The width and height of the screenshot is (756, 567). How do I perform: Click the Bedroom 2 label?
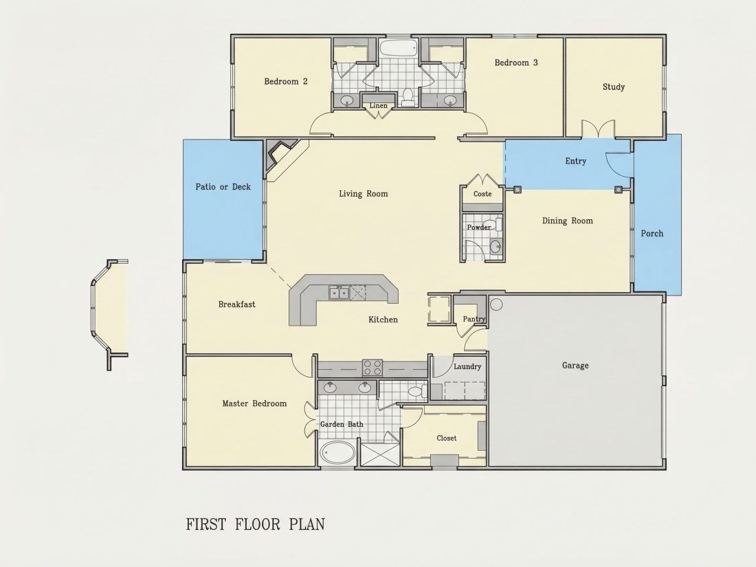pyautogui.click(x=285, y=82)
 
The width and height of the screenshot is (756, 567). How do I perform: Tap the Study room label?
pyautogui.click(x=613, y=87)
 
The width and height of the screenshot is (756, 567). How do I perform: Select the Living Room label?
pyautogui.click(x=363, y=194)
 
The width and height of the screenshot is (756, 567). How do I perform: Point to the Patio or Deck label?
pyautogui.click(x=223, y=186)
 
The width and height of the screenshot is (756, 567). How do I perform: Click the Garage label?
pyautogui.click(x=575, y=366)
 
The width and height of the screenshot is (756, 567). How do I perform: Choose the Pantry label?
pyautogui.click(x=474, y=319)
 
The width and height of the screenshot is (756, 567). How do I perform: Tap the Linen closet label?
pyautogui.click(x=379, y=106)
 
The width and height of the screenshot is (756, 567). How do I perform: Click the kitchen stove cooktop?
pyautogui.click(x=373, y=368)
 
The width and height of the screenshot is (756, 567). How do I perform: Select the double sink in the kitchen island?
pyautogui.click(x=339, y=293)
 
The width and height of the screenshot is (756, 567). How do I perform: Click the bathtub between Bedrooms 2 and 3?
pyautogui.click(x=398, y=47)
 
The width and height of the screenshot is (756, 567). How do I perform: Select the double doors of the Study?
pyautogui.click(x=599, y=129)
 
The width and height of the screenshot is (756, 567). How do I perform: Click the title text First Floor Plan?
pyautogui.click(x=256, y=524)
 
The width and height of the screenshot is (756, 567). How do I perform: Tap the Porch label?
pyautogui.click(x=652, y=234)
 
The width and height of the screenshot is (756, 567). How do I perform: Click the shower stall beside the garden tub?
pyautogui.click(x=381, y=454)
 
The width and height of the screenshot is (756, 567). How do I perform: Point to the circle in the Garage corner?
pyautogui.click(x=496, y=304)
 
